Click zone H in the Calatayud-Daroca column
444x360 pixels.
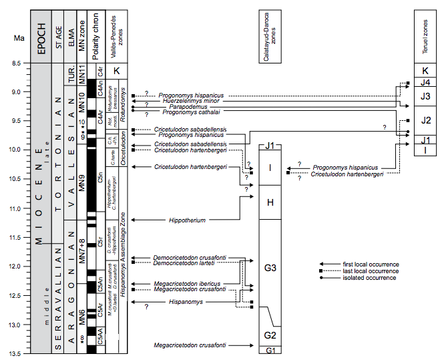tap(270, 202)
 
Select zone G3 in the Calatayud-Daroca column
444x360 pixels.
tap(270, 268)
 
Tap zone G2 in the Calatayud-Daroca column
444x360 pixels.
tap(270, 335)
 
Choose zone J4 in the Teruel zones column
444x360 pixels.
tap(425, 83)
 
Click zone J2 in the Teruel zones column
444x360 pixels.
tap(425, 120)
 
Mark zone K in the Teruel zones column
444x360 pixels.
tap(425, 70)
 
